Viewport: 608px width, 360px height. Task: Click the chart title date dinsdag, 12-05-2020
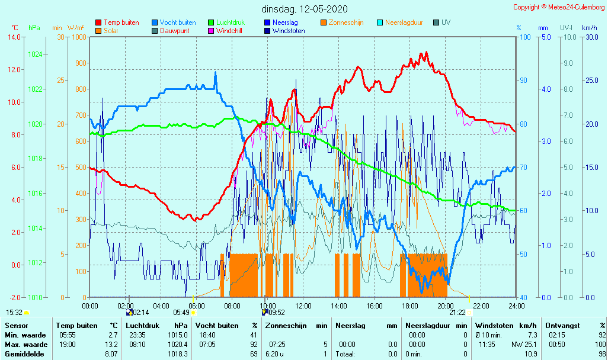pos(305,9)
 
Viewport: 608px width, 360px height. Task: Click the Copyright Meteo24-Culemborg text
pos(559,7)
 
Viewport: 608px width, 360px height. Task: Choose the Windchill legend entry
pos(228,31)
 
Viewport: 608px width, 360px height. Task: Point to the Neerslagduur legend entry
pos(404,22)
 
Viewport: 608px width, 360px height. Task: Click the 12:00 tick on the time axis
pos(303,306)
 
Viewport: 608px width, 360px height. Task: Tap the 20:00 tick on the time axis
pos(446,306)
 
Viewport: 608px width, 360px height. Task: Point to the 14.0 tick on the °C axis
pos(14,37)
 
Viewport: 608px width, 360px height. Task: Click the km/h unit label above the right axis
pos(589,28)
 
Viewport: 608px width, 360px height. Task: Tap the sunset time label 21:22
pos(457,313)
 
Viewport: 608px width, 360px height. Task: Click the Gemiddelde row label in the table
pos(21,354)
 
